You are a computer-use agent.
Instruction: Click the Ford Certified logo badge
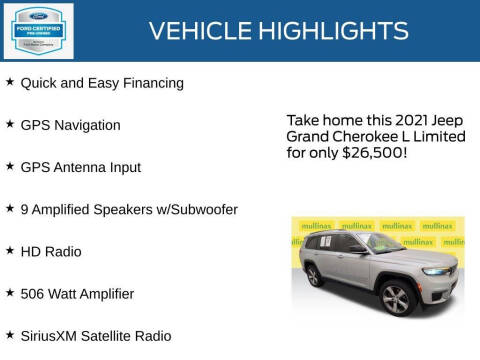click(x=38, y=30)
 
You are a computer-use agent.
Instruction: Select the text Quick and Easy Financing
click(x=102, y=83)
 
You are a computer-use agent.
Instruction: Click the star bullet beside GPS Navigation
click(x=9, y=124)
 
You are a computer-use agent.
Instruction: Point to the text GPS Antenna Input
click(x=80, y=167)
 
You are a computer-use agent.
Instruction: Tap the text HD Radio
click(x=51, y=251)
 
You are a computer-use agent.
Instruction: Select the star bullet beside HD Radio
click(x=9, y=251)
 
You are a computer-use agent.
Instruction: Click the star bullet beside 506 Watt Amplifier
click(x=9, y=293)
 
